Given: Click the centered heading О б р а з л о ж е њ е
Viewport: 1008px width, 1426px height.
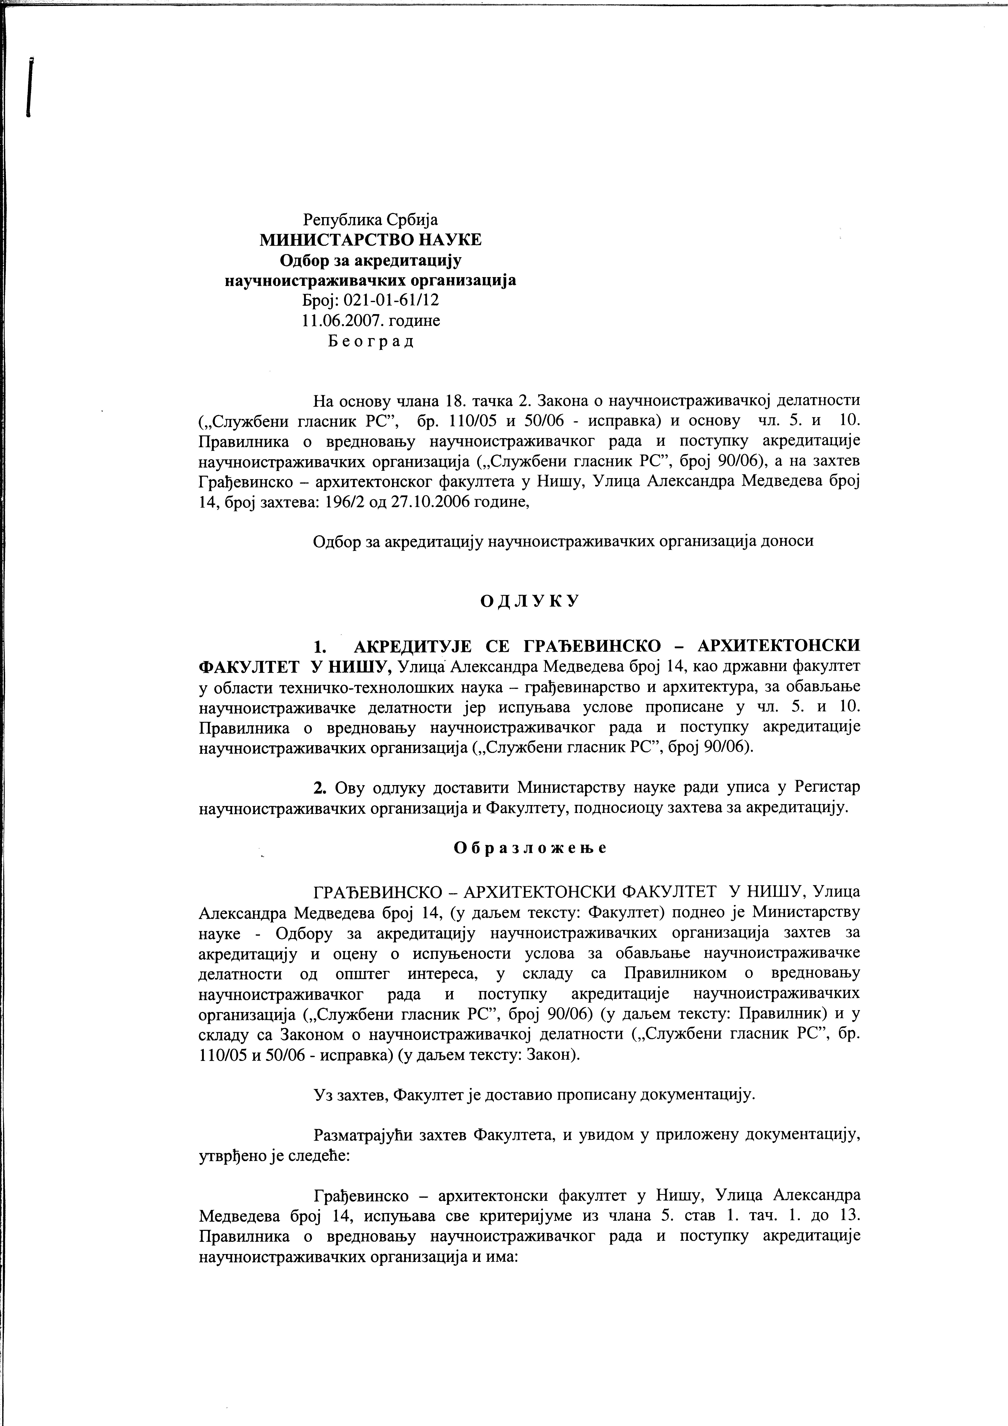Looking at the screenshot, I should pos(529,848).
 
